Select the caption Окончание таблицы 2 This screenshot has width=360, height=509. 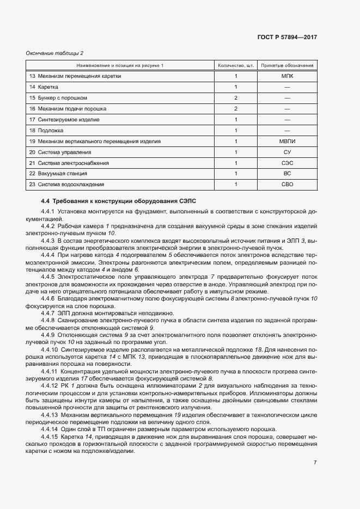pyautogui.click(x=54, y=53)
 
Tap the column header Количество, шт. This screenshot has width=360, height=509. pyautogui.click(x=236, y=65)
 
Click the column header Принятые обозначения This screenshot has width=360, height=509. pyautogui.click(x=287, y=65)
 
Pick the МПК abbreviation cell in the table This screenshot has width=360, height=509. pyautogui.click(x=287, y=76)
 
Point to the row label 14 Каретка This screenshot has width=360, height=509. pyautogui.click(x=44, y=87)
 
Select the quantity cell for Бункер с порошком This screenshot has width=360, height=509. pyautogui.click(x=236, y=98)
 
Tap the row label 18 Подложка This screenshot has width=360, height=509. pyautogui.click(x=46, y=131)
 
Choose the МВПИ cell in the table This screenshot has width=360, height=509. pyautogui.click(x=287, y=142)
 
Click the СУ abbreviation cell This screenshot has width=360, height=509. pyautogui.click(x=287, y=152)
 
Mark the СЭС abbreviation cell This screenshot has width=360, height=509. pyautogui.click(x=287, y=163)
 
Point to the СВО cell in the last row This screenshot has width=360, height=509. pyautogui.click(x=287, y=185)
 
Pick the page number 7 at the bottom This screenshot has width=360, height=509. pyautogui.click(x=315, y=463)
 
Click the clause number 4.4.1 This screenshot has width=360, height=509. pyautogui.click(x=48, y=211)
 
